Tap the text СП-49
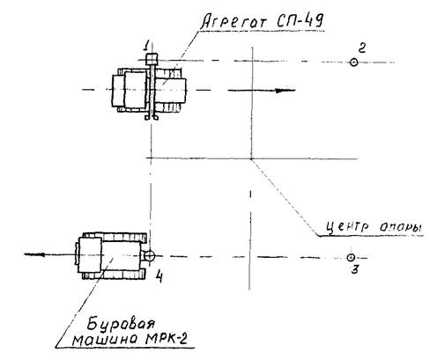tap(299, 21)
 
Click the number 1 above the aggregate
tap(146, 46)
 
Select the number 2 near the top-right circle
tap(362, 48)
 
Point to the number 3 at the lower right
tap(355, 269)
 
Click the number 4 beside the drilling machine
tap(159, 276)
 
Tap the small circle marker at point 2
tap(354, 62)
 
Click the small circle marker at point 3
tap(351, 257)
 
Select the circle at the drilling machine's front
tap(150, 255)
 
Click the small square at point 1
tap(152, 59)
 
